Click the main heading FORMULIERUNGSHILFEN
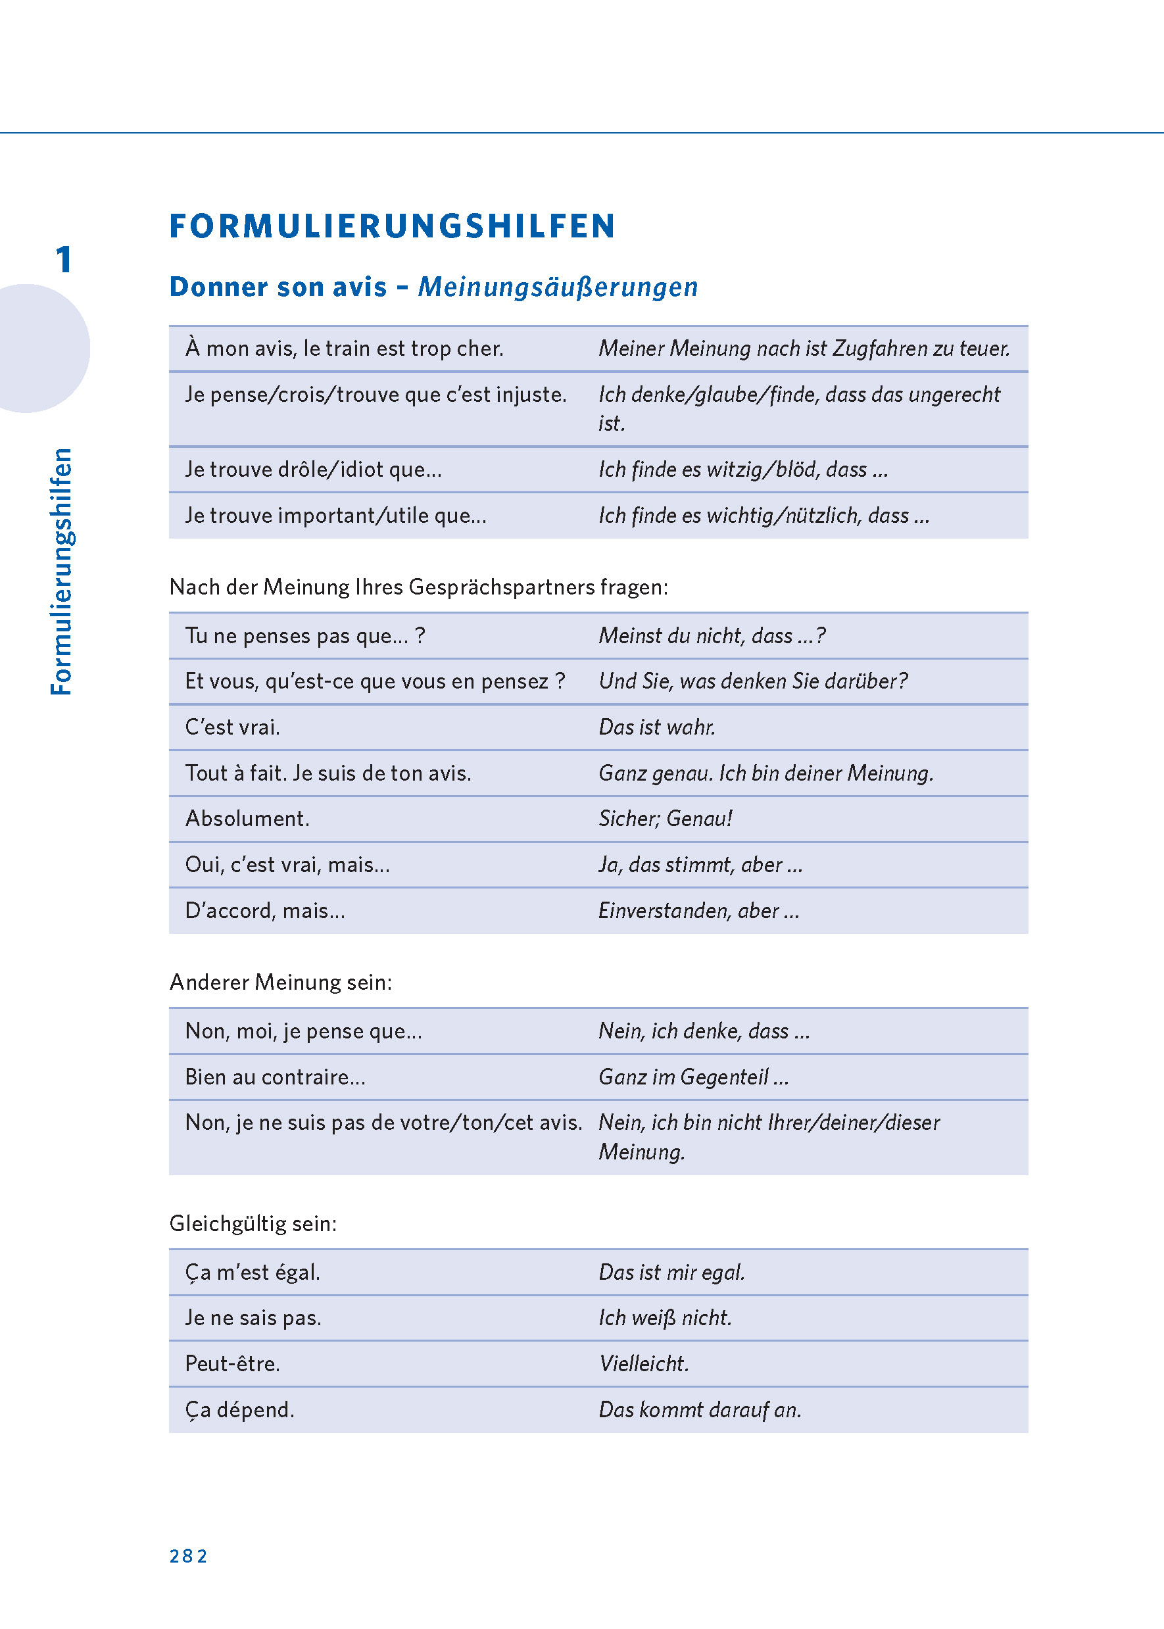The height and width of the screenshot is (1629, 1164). pos(392,226)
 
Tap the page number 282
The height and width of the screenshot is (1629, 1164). pos(189,1555)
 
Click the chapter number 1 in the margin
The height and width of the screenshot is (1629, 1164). pos(64,259)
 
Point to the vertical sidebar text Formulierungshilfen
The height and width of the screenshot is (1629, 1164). pos(62,571)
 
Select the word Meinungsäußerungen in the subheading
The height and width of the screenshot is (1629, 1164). pos(558,287)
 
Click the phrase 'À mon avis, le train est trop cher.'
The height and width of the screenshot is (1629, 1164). pos(344,349)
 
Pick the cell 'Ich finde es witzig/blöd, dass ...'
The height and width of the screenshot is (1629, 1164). pos(743,470)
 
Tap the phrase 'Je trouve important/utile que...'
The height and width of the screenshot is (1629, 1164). pos(335,516)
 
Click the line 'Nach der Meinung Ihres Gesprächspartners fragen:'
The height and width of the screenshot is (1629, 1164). pos(419,587)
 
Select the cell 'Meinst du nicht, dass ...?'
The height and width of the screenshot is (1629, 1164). pos(712,636)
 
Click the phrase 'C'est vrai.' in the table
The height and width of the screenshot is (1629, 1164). pos(232,727)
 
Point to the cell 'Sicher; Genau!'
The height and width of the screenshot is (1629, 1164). pos(665,818)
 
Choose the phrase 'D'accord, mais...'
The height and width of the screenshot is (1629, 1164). pos(265,910)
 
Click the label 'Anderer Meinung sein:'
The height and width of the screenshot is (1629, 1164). pos(281,982)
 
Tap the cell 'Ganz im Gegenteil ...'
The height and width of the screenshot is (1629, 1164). pos(694,1077)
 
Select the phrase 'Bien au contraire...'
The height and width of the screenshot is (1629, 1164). pos(276,1077)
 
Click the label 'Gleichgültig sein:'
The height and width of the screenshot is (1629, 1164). pos(253,1223)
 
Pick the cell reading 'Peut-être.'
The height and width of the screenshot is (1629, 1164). pos(232,1363)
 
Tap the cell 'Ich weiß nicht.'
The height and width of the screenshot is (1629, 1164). pos(665,1317)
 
